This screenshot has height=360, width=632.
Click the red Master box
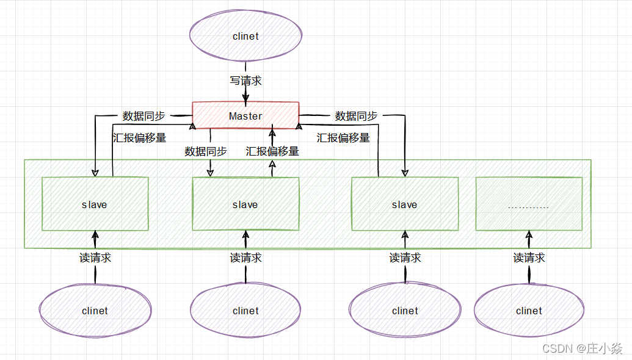(245, 115)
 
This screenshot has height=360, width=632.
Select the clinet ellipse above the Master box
(245, 35)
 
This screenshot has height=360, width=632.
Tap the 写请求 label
(245, 81)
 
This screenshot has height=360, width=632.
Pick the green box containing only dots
(529, 204)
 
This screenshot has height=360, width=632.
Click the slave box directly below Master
(245, 204)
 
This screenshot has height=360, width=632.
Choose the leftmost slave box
(95, 204)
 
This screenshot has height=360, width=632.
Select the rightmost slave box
(405, 204)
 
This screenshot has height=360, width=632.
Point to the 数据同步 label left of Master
(144, 116)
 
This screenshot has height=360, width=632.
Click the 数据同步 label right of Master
(356, 116)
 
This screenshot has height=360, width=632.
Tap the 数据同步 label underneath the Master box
(206, 151)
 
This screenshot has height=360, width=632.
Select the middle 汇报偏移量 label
(272, 151)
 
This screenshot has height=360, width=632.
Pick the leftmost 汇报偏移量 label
(139, 138)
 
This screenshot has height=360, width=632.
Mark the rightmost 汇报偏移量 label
(343, 138)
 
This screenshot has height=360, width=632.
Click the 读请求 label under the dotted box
(529, 257)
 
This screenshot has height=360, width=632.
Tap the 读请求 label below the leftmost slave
(95, 257)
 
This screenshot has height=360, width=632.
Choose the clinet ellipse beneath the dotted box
(529, 310)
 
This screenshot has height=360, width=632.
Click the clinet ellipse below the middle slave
(245, 310)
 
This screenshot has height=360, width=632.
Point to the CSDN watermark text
(582, 348)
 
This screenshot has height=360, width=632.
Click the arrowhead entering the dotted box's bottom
(529, 234)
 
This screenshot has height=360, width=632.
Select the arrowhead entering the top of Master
(245, 98)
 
